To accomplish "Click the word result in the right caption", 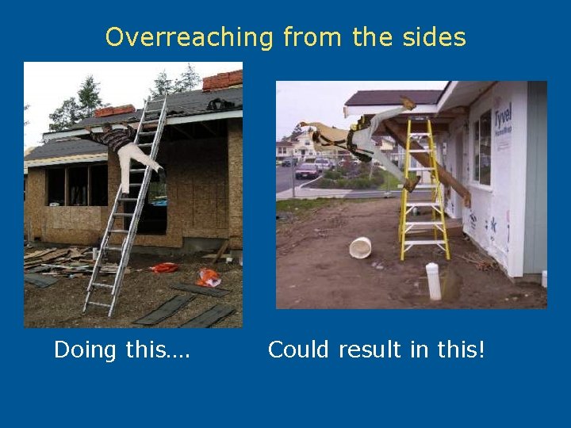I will pos(371,349).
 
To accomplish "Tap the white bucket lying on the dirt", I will pos(360,247).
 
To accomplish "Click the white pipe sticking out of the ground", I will pos(432,281).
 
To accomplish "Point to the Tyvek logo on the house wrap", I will pos(502,117).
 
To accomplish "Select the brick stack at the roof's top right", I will pos(223,80).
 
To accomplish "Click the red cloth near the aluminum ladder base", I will pos(165,268).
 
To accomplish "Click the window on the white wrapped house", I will pos(481,147).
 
